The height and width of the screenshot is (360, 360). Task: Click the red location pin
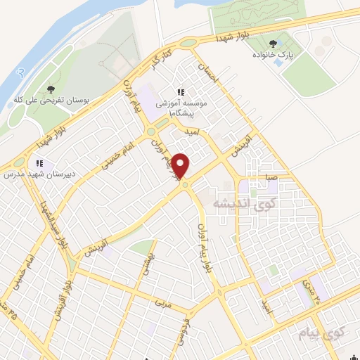click(181, 167)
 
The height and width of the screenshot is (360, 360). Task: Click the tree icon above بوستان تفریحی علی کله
click(51, 89)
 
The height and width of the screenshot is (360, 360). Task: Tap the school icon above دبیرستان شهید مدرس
click(40, 162)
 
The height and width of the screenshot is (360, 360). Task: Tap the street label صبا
click(271, 179)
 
